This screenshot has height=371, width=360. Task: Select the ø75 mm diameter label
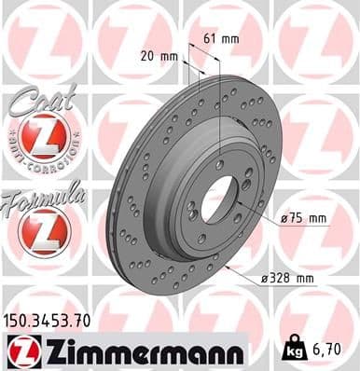304,218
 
